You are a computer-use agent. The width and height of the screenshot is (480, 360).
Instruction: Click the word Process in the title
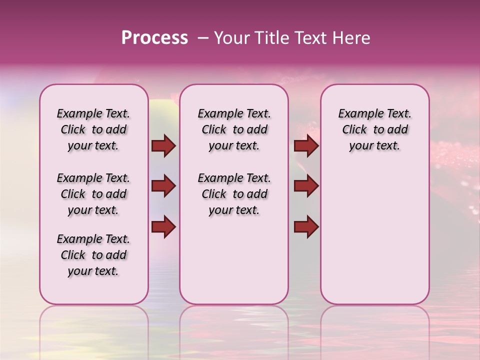coord(154,38)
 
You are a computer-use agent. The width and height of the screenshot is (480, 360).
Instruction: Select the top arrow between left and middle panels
coord(163,146)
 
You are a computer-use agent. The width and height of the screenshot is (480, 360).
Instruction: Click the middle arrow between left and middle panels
coord(163,186)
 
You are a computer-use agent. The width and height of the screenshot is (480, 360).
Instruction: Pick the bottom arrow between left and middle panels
coord(163,226)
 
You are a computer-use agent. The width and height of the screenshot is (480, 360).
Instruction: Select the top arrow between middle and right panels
coord(306,146)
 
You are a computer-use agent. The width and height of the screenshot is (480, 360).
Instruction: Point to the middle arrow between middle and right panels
coord(306,186)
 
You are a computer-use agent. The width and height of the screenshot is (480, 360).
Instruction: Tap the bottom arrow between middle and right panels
coord(306,226)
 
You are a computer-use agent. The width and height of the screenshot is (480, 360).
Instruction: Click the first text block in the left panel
coord(93,129)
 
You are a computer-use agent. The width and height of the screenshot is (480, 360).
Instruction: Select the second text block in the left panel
coord(93,194)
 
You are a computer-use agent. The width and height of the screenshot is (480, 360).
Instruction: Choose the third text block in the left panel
coord(93,255)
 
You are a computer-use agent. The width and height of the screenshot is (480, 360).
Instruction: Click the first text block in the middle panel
coord(234,129)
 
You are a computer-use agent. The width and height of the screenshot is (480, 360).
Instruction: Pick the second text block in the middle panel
coord(234,194)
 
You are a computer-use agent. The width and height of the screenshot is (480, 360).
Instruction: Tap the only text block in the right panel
coord(374,129)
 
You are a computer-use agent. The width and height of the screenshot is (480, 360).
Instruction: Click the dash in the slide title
coord(203,38)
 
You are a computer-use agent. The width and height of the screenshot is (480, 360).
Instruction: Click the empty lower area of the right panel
coord(374,235)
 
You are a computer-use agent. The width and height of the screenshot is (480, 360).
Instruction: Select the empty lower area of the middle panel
coord(234,260)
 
